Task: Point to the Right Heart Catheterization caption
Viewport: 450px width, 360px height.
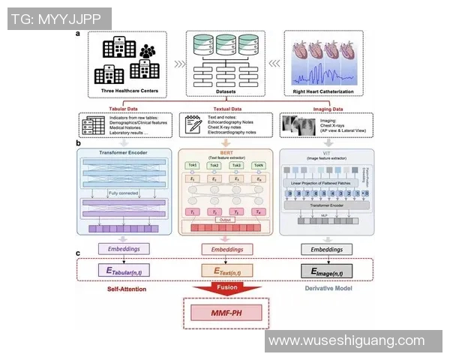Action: point(324,93)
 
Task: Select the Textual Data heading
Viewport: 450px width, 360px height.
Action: point(226,107)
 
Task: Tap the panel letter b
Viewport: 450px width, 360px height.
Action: point(79,142)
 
